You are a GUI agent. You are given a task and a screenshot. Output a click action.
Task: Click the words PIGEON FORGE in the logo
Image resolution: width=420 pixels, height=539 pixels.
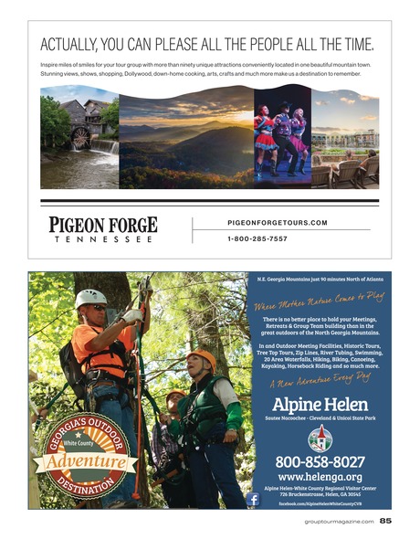coord(103,225)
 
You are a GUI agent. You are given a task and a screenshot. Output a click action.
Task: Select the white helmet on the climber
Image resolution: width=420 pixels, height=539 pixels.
coord(90,297)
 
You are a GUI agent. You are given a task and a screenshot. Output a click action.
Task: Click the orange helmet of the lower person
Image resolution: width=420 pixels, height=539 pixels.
coord(201,358)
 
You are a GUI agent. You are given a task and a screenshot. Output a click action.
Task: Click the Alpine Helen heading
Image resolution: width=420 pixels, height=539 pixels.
coord(319,403)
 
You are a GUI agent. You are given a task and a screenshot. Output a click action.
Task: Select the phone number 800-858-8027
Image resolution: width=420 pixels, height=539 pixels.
coord(319,461)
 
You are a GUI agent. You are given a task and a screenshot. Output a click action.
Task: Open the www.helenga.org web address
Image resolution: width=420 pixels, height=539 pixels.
coord(319,476)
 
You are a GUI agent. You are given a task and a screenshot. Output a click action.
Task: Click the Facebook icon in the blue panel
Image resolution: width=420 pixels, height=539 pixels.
coord(252,499)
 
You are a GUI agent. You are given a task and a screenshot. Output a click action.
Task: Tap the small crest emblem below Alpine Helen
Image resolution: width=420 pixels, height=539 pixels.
coord(320,436)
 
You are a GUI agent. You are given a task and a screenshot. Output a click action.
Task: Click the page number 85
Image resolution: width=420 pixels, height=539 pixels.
coord(386,522)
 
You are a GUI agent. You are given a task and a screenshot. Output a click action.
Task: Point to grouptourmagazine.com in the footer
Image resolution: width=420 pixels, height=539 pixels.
coord(338,522)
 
